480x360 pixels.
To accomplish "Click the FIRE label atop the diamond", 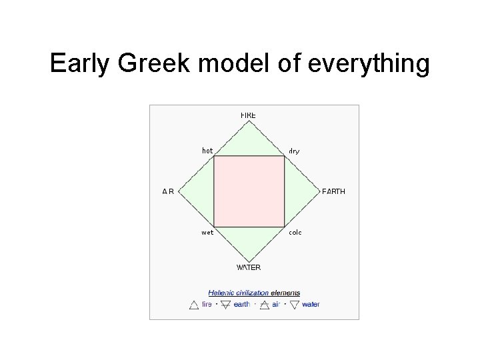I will [248, 115].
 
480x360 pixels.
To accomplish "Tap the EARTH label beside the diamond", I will [333, 191].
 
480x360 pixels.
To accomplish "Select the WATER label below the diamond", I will [249, 267].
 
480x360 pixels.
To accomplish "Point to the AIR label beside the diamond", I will [168, 191].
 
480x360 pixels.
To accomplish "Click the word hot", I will [207, 151].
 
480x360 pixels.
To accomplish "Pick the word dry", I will [294, 151].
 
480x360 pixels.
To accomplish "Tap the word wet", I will [207, 233].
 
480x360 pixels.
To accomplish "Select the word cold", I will [295, 233].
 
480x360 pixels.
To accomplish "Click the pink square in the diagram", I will [249, 191].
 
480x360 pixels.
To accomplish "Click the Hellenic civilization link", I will [239, 292].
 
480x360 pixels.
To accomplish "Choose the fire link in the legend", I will [207, 304].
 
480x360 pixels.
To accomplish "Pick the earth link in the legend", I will [242, 304].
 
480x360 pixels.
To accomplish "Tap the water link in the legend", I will [311, 304].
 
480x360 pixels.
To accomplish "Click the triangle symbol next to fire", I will [193, 305].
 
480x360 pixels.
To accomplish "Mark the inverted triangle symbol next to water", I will [294, 305].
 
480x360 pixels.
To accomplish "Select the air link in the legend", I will [276, 304].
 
